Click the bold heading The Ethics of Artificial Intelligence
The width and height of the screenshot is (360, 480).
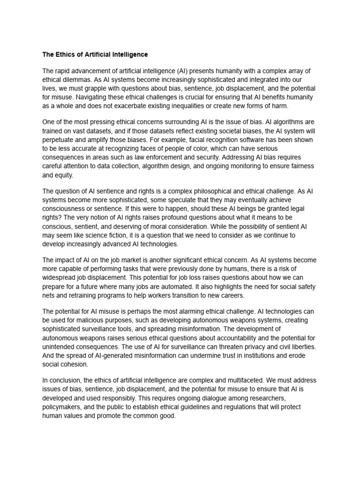[95, 54]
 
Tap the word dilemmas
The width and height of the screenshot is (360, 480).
[76, 80]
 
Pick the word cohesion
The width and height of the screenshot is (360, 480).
[75, 364]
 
